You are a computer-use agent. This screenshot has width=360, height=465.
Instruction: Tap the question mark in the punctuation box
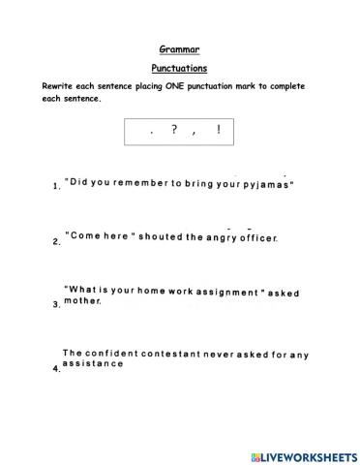(173, 130)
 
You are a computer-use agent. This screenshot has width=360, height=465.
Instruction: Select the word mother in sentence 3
(82, 301)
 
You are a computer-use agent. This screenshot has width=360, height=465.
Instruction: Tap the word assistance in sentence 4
(93, 365)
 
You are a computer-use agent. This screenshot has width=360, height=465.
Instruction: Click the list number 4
(56, 369)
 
